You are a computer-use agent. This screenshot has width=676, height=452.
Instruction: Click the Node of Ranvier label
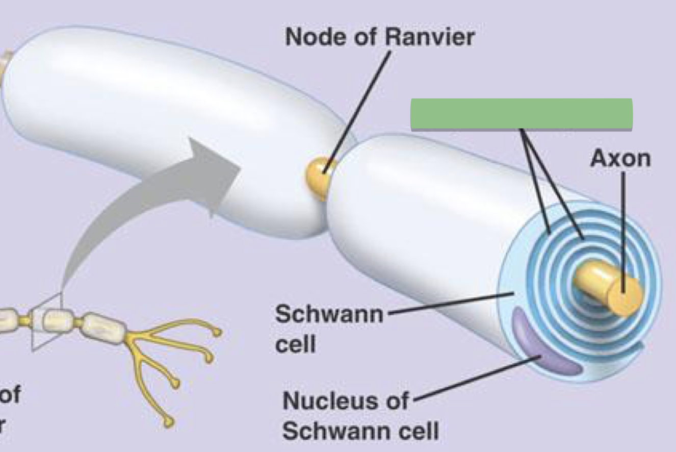[380, 37]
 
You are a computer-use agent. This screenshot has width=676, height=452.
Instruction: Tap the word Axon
[620, 159]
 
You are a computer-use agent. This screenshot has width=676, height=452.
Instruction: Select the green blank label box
[521, 114]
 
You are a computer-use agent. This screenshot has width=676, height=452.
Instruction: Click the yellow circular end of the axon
[624, 295]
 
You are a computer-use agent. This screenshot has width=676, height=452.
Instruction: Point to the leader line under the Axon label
[622, 230]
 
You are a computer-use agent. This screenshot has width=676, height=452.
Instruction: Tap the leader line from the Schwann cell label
[449, 304]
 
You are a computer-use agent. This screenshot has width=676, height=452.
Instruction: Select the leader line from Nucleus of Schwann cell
[477, 378]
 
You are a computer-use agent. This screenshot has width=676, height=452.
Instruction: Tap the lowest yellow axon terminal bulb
[169, 421]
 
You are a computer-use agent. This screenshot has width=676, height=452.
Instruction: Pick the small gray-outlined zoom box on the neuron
[47, 321]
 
